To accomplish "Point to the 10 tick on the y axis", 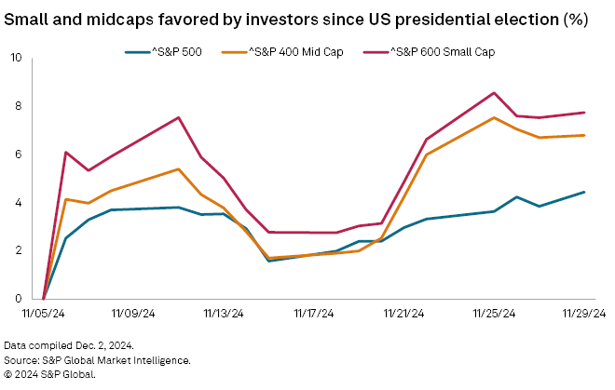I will [x=17, y=58].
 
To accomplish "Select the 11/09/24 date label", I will [x=134, y=315].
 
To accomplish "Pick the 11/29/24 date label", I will [x=584, y=315].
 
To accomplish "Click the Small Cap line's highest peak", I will [x=494, y=93].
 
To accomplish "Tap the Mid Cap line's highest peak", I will [x=494, y=117].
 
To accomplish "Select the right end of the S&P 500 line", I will [x=584, y=192].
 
